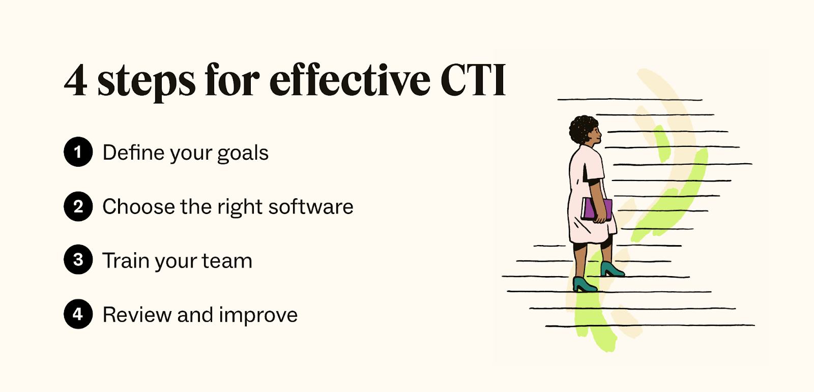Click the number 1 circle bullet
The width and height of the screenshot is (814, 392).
78,152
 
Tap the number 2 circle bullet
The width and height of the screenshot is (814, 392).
78,206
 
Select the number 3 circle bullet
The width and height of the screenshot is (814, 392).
78,260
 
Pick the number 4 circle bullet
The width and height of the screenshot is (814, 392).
78,314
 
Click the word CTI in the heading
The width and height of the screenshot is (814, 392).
473,80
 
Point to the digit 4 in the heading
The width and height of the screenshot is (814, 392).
75,80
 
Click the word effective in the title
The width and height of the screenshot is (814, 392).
350,80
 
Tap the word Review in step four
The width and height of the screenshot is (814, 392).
137,315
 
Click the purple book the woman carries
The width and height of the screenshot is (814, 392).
596,209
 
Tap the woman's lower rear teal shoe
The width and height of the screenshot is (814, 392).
584,285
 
